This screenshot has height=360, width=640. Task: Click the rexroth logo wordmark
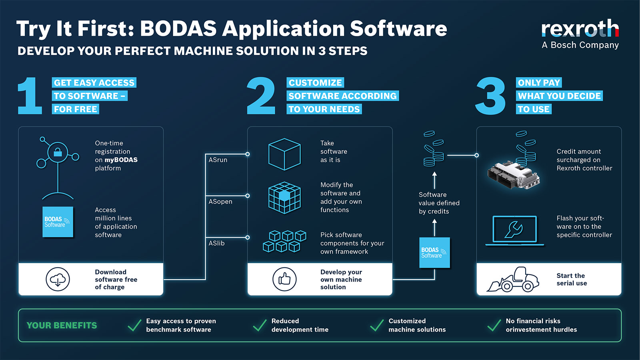pyautogui.click(x=580, y=29)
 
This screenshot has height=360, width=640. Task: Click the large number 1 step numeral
pyautogui.click(x=30, y=96)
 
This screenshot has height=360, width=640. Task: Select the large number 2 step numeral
pyautogui.click(x=261, y=96)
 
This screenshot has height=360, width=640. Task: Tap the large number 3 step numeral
pyautogui.click(x=490, y=96)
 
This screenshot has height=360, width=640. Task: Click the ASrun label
pyautogui.click(x=218, y=160)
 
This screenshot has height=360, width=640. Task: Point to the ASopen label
pyautogui.click(x=220, y=202)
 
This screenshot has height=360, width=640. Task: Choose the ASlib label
pyautogui.click(x=217, y=243)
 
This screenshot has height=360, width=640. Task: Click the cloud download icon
pyautogui.click(x=58, y=279)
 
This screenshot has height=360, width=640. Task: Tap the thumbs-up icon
pyautogui.click(x=284, y=279)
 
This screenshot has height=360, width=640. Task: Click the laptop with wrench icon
pyautogui.click(x=514, y=230)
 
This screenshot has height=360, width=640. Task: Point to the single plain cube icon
pyautogui.click(x=284, y=154)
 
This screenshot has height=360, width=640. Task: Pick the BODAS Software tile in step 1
pyautogui.click(x=58, y=222)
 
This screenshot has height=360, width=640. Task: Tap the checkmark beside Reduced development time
pyautogui.click(x=260, y=325)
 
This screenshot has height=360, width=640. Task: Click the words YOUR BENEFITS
pyautogui.click(x=62, y=326)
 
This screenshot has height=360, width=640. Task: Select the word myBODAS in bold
pyautogui.click(x=121, y=160)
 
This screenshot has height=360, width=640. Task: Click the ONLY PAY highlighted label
pyautogui.click(x=539, y=83)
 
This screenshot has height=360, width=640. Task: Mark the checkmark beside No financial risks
pyautogui.click(x=494, y=325)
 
